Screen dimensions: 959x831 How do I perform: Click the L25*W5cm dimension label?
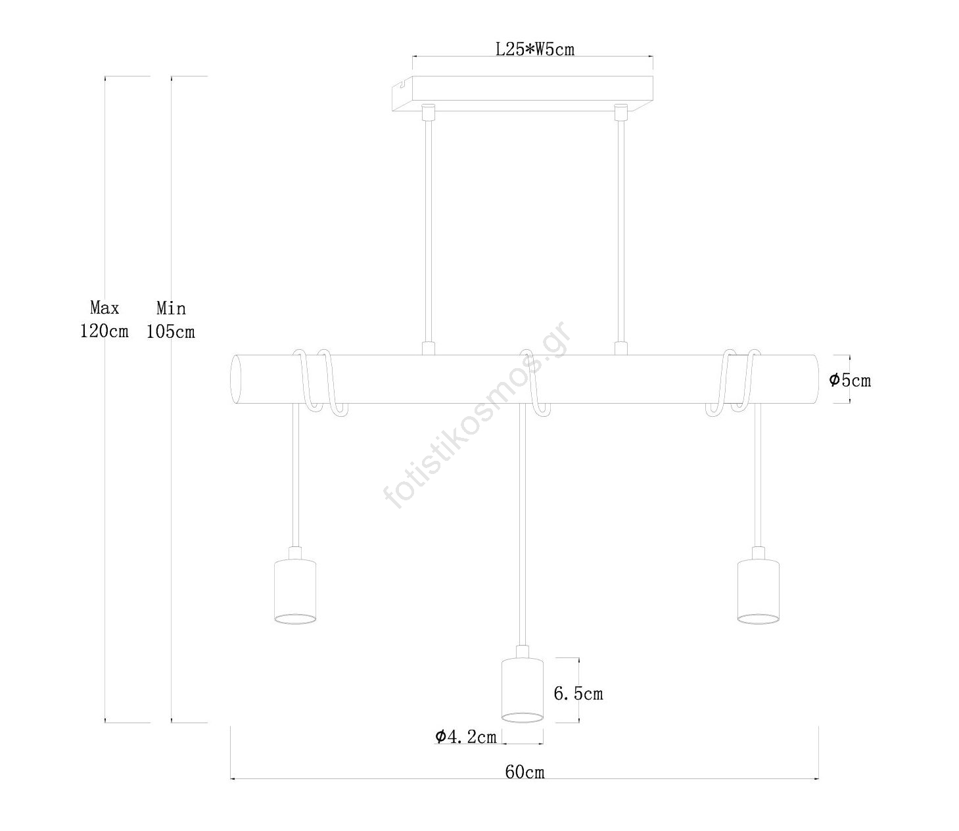click(535, 49)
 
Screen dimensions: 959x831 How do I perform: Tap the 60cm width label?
click(525, 772)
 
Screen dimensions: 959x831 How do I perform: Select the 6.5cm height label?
click(578, 694)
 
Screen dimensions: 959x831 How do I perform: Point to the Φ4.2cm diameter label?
click(466, 737)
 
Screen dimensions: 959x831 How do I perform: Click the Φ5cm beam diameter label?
click(850, 381)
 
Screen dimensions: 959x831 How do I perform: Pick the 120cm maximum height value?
click(105, 331)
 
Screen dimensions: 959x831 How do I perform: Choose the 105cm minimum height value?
click(171, 332)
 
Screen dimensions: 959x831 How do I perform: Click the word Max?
click(105, 308)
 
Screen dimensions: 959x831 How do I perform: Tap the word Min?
click(171, 308)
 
